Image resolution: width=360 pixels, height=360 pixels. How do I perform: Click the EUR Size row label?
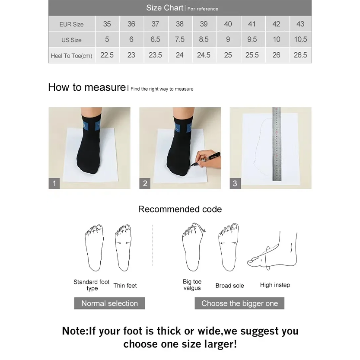pos(71,24)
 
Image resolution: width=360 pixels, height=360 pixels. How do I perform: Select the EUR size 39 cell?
pos(204,24)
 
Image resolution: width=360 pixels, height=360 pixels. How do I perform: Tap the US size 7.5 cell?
pos(179,39)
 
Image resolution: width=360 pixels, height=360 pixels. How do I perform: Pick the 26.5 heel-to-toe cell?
pos(300,55)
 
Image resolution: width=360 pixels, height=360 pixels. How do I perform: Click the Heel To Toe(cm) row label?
pos(71,55)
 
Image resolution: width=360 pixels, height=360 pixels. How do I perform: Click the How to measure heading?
pos(86,87)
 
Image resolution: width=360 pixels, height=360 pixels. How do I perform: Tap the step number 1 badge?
pos(54,183)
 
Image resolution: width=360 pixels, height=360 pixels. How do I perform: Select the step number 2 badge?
pos(145,183)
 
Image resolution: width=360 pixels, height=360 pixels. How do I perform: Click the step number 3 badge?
pos(235,183)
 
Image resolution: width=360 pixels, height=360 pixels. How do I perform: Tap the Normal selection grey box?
pos(109,303)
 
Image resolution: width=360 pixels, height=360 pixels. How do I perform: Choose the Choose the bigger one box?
pos(239,303)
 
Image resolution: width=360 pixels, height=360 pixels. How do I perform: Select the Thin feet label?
pos(125,285)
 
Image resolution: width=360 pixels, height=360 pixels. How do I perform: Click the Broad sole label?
pos(229,286)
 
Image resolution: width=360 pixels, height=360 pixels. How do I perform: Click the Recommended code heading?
pos(180,209)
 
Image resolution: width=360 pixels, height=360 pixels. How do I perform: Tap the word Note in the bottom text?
pos(75,331)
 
